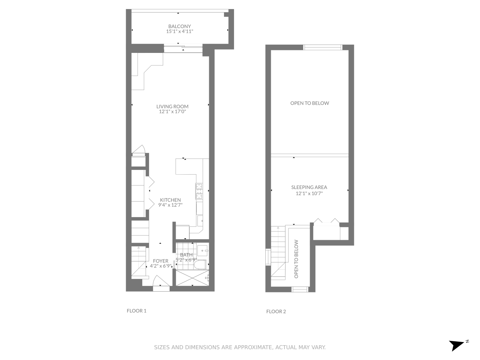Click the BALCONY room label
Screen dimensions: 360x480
pos(179,26)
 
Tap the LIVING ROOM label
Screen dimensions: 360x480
pos(172,107)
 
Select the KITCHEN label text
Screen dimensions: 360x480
pos(170,200)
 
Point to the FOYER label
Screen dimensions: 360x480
pos(161,261)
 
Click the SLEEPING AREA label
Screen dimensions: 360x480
pos(309,187)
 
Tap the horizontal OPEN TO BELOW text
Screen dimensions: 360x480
pos(310,103)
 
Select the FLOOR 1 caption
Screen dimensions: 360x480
pos(136,311)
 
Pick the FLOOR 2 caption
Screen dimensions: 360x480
pos(276,311)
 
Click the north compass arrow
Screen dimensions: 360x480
pos(457,345)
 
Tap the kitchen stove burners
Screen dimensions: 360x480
pos(199,191)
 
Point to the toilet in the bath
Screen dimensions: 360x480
pos(199,265)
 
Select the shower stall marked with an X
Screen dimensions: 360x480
pos(192,278)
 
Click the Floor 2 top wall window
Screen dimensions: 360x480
pos(322,47)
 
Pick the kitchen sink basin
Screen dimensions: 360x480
pos(200,220)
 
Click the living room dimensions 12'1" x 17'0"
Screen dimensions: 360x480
pos(172,112)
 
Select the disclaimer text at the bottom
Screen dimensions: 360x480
pos(240,347)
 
